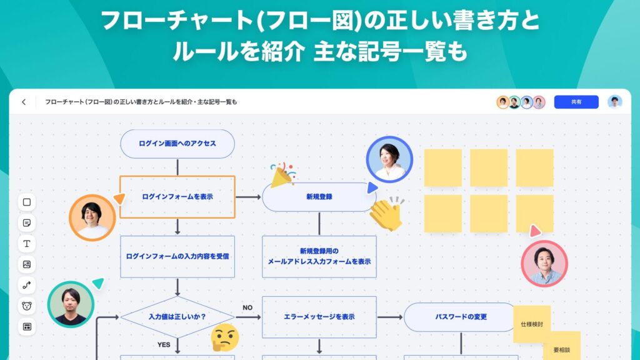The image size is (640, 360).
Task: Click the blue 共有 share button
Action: tap(576, 102)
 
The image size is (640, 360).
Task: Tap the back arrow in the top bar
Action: tap(24, 102)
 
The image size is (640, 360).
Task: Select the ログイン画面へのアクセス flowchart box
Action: tap(177, 144)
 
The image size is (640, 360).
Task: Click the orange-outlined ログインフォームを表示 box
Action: tap(177, 197)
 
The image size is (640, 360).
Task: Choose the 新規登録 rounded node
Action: tap(319, 197)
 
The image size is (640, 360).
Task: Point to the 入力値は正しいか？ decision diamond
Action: tap(177, 317)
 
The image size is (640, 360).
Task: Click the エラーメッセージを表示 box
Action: tap(319, 317)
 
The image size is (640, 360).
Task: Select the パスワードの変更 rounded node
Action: tap(461, 317)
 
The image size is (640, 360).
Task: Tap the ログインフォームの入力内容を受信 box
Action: tap(177, 256)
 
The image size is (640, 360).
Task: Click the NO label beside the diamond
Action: tap(247, 307)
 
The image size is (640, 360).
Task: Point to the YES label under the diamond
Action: tap(164, 344)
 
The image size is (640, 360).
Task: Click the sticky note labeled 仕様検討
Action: tap(531, 324)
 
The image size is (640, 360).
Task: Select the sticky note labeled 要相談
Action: tap(562, 348)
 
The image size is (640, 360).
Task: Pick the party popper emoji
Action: tap(282, 176)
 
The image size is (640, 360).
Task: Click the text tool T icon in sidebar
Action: tap(27, 243)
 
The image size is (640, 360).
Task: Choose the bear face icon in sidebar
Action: tap(27, 306)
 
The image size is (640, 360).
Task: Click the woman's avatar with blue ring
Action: tap(389, 159)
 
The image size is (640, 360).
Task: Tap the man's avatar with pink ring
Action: tap(544, 263)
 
